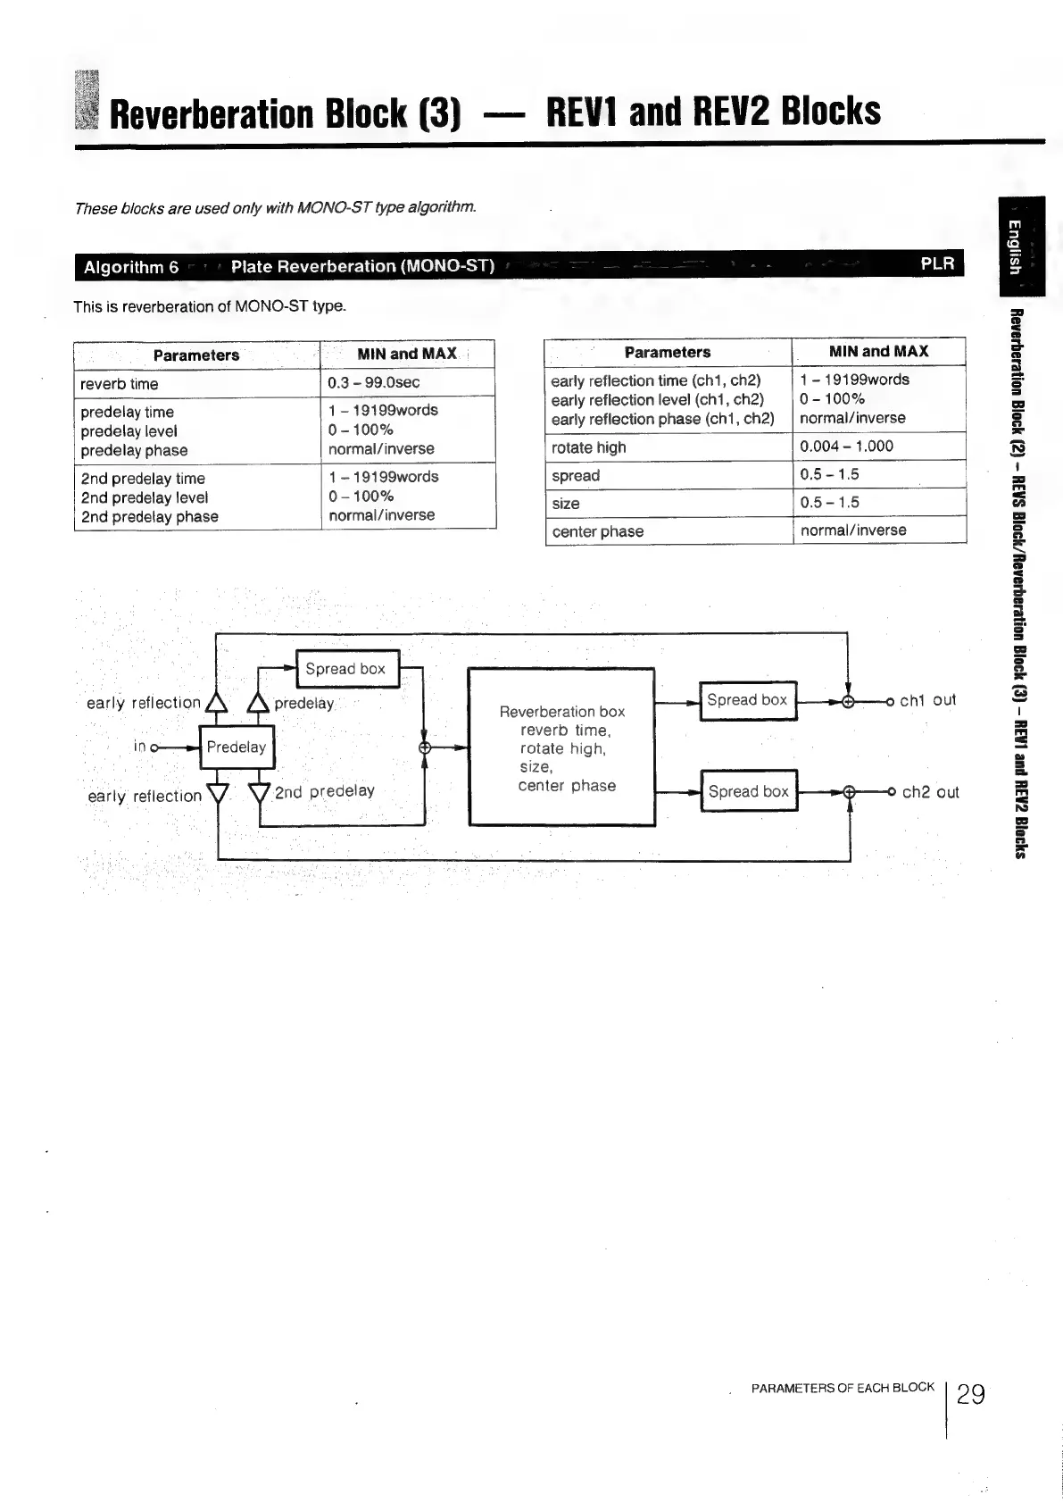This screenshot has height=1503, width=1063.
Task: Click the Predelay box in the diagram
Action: (237, 747)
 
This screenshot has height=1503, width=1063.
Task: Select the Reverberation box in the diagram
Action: (561, 747)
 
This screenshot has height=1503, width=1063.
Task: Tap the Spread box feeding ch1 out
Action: (747, 700)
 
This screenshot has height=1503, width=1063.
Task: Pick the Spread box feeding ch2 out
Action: (749, 791)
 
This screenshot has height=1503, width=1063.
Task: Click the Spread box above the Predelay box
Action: (345, 669)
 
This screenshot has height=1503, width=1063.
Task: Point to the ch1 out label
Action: (927, 700)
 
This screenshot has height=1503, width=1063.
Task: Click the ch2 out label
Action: (930, 792)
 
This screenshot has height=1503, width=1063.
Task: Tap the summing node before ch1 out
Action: (848, 702)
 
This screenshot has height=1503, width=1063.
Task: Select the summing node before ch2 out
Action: (850, 792)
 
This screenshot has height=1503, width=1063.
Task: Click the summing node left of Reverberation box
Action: (425, 748)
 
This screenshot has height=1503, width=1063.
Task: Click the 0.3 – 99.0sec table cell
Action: (374, 382)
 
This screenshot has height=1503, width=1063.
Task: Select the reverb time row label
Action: (120, 384)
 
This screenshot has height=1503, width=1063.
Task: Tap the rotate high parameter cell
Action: (589, 447)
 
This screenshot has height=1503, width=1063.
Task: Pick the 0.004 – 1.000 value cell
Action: (846, 447)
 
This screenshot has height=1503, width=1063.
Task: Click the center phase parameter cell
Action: (597, 531)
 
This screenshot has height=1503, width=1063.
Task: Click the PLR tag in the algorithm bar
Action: (937, 263)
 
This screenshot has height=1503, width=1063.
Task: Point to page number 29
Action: (970, 1394)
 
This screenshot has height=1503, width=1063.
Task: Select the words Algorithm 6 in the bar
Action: (131, 267)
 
